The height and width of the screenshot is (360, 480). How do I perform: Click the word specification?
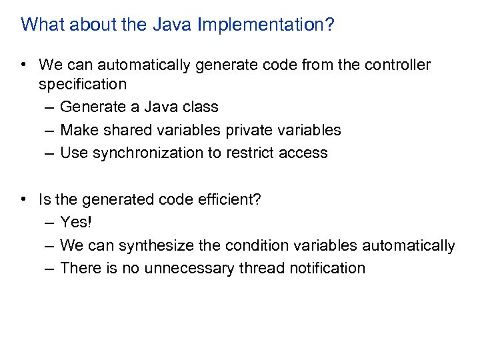[82, 85]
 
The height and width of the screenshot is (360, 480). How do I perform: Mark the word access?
[303, 153]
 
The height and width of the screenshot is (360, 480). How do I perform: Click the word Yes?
[75, 222]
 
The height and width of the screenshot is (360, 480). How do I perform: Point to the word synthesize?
[157, 245]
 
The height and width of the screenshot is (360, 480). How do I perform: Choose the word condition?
[253, 245]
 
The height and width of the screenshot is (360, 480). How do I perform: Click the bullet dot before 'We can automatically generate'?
[24, 65]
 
